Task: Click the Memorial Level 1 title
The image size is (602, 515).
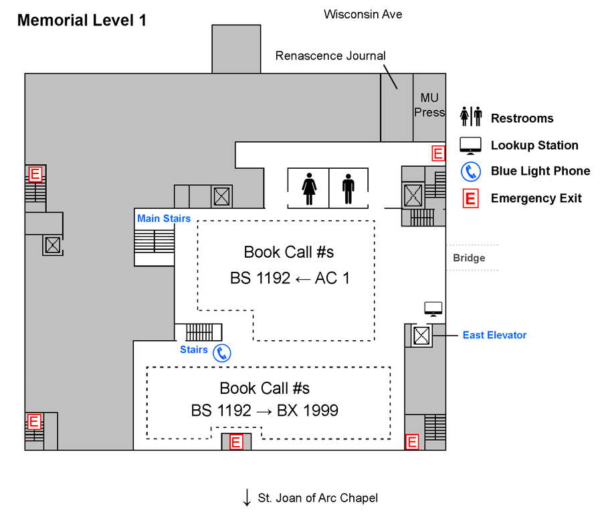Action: pos(82,20)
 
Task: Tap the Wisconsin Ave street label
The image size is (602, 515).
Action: pos(363,14)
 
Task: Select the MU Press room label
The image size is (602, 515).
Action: pos(429,104)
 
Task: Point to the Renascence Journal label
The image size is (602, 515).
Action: pos(330,56)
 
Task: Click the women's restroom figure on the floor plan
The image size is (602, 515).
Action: pos(309,189)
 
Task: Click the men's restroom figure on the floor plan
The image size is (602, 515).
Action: pos(348,189)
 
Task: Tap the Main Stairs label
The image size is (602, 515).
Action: pos(164,218)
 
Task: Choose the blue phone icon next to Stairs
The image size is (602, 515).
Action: pos(222,353)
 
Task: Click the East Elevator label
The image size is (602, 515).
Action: pos(494,335)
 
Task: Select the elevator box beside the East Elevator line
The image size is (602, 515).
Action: pos(421,336)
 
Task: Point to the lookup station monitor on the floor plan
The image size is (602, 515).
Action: pos(433,309)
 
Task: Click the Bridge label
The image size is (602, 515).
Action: pos(469,258)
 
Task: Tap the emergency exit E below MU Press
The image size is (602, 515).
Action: pos(438,153)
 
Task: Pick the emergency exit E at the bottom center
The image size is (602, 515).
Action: pos(236,442)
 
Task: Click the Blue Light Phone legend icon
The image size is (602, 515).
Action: pos(471,171)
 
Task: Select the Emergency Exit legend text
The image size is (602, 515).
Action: pos(536,198)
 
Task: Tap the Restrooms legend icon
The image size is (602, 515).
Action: pos(471,117)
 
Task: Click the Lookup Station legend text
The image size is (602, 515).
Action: pos(534,145)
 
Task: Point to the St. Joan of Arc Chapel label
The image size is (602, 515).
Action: pos(318,498)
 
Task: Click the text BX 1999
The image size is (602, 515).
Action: pos(308,411)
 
